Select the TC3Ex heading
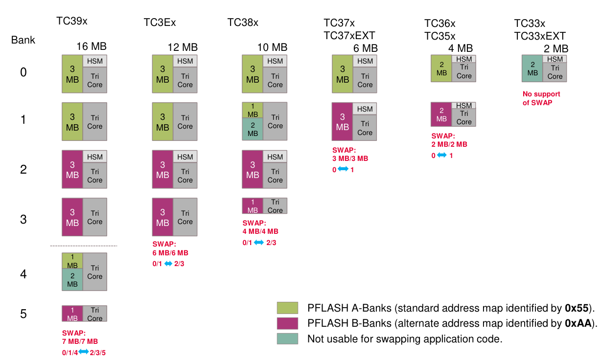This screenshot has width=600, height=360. (x=160, y=22)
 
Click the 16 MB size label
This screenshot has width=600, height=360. (x=91, y=47)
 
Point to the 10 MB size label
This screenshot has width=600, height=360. (x=272, y=47)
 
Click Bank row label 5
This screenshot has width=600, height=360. (x=23, y=314)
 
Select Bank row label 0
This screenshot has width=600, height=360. (x=23, y=73)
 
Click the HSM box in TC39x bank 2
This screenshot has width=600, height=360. (x=95, y=157)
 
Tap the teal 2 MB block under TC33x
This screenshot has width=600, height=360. (x=532, y=68)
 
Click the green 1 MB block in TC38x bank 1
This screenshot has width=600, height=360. (x=253, y=110)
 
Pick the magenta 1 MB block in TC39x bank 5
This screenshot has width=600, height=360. (x=72, y=314)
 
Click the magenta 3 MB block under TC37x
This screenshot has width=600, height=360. (x=343, y=122)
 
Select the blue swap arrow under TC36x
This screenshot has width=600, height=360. (x=441, y=155)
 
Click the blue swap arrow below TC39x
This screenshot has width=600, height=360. (x=83, y=352)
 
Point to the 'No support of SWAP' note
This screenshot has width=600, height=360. (x=541, y=98)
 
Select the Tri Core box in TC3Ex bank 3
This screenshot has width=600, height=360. (x=185, y=217)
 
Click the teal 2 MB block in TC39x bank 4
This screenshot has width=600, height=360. (x=72, y=280)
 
